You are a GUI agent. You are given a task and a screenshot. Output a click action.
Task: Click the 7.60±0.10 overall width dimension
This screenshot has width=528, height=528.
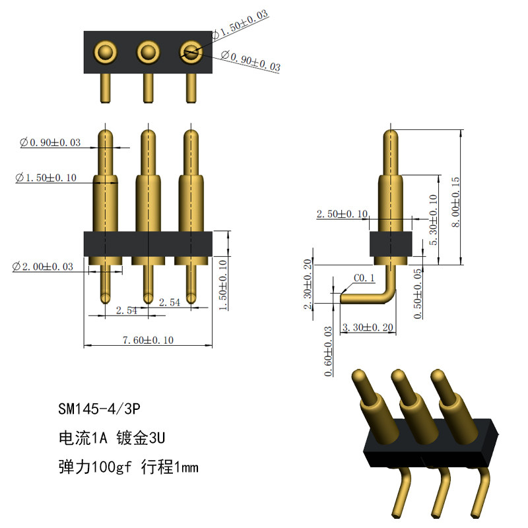pos(148,340)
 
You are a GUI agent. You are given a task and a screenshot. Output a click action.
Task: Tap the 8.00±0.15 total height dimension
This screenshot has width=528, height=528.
pos(455,202)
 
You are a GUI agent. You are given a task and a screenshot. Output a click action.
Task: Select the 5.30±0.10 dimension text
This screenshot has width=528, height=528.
pos(434,220)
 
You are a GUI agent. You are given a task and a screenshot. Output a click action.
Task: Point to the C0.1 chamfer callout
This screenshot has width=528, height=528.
pos(364,278)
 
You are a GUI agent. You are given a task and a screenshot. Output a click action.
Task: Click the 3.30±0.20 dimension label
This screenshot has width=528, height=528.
pos(368,327)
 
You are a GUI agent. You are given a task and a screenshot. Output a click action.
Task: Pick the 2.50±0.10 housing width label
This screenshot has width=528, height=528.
pos(342,214)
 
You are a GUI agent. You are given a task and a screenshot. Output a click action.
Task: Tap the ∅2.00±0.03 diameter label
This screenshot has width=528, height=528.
pos(43,267)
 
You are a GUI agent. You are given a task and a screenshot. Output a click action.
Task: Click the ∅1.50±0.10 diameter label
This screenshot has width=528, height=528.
pos(46,178)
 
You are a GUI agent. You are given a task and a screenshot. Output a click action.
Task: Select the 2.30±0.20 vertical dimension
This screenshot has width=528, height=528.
pos(308,284)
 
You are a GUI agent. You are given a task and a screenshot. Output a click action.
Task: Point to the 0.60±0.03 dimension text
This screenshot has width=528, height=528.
pos(328,351)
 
